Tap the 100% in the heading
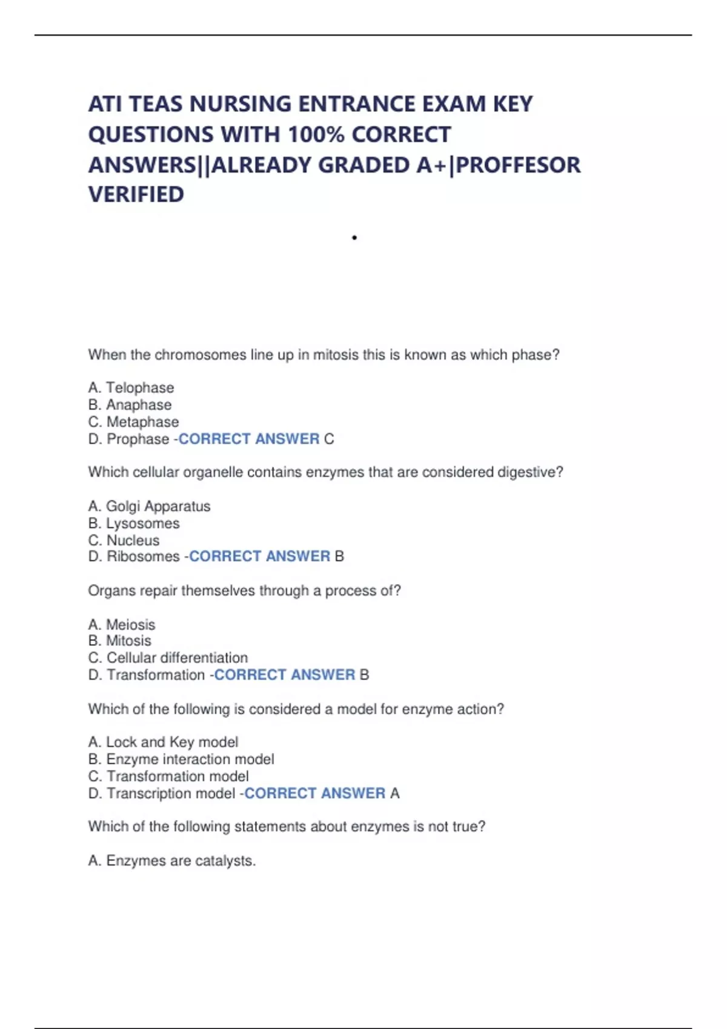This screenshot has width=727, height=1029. [315, 134]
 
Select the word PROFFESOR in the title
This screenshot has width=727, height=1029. [518, 165]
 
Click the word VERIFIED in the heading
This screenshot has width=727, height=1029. [136, 194]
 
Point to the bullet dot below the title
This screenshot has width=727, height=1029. [354, 237]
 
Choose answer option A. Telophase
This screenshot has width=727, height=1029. [131, 387]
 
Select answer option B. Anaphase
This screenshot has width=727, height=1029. [130, 404]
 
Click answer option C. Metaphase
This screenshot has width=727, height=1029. [133, 421]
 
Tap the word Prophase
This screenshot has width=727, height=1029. [138, 439]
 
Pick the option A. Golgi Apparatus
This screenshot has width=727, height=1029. [149, 506]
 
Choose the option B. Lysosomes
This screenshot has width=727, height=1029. [134, 523]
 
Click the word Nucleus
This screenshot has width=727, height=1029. [133, 540]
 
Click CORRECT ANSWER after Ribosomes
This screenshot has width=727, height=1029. [259, 556]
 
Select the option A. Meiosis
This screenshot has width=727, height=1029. [122, 624]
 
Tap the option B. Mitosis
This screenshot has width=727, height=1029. [120, 640]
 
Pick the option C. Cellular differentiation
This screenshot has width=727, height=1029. [168, 657]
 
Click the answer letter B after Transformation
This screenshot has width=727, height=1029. [364, 675]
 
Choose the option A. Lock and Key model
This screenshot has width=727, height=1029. [163, 742]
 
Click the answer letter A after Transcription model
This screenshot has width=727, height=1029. [395, 793]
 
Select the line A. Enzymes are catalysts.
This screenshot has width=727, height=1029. [172, 861]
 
